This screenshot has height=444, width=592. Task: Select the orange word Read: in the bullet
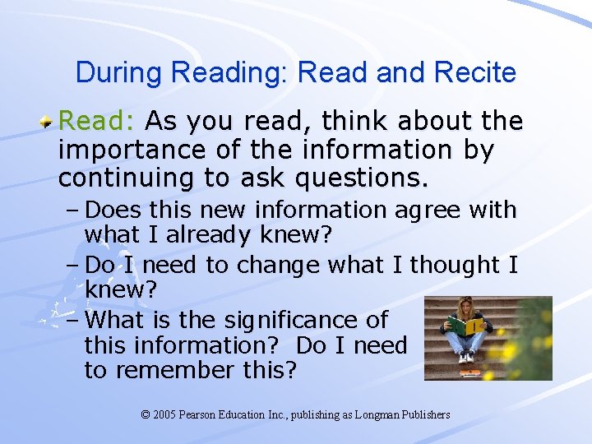(97, 123)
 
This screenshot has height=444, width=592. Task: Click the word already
(210, 237)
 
